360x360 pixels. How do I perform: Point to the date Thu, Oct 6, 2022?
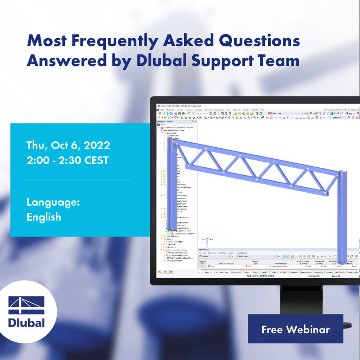pos(68,145)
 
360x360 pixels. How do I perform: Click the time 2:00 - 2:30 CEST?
pos(67,160)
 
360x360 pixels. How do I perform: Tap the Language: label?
pos(53,202)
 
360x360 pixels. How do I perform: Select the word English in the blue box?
pos(44,217)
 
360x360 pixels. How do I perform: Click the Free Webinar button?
pos(295,329)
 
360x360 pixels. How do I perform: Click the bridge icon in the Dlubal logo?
pos(26,305)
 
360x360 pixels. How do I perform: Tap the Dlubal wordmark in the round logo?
pos(26,322)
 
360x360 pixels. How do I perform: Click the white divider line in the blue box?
pos(79,180)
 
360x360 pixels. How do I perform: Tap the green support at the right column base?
pos(341,263)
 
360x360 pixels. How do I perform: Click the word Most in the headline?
pos(47,41)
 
